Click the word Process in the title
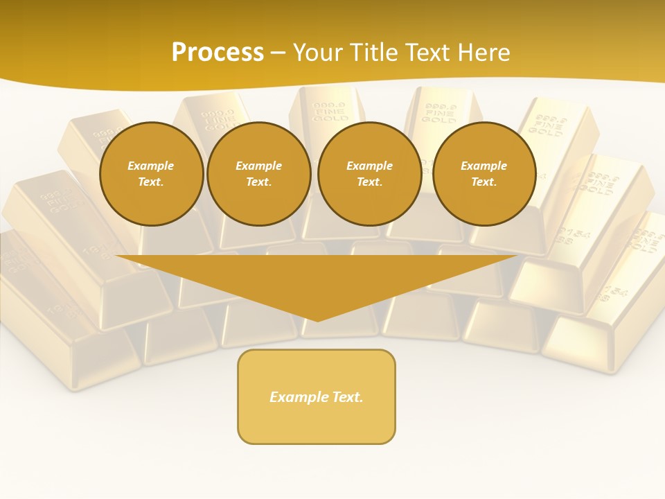tap(218, 53)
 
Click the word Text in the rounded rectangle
tap(347, 397)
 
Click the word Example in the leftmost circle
tap(151, 166)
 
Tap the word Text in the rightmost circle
tap(484, 182)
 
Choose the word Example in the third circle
tap(370, 166)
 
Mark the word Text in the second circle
tap(258, 182)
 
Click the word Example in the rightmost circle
tap(484, 166)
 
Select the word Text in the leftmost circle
tap(150, 182)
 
